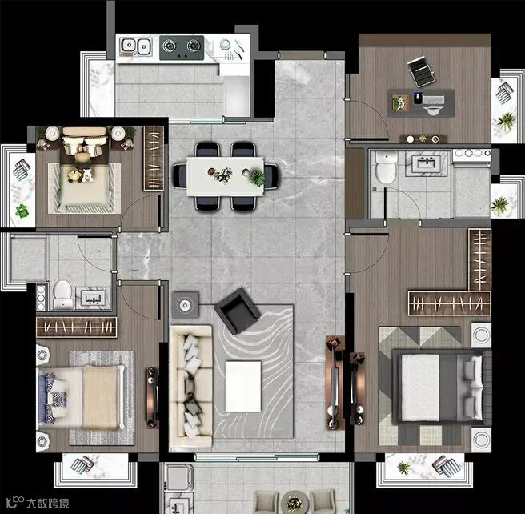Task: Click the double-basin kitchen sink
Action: (135, 46)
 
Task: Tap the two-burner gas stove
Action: (182, 47)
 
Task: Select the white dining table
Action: (226, 176)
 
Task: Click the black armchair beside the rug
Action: (238, 311)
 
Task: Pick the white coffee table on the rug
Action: (243, 386)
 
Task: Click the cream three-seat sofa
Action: (191, 386)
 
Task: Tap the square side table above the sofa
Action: (185, 305)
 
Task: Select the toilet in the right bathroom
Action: (386, 167)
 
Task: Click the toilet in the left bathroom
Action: (63, 295)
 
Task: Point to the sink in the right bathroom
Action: (427, 163)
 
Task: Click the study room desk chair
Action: (421, 72)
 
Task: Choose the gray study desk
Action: (421, 103)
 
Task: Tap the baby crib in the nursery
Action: (84, 188)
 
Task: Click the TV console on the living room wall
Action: (335, 383)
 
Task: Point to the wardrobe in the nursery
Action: (154, 159)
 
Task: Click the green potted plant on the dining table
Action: (258, 178)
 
